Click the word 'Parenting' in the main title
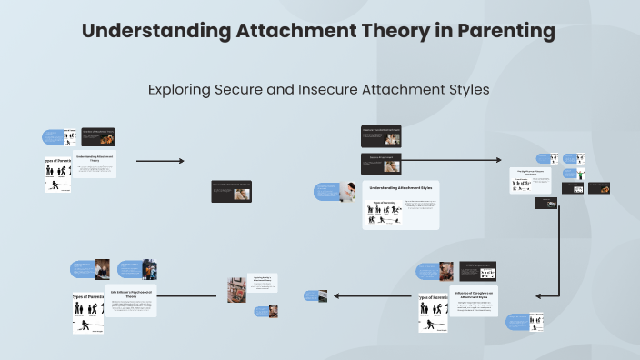505,31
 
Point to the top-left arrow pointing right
160,161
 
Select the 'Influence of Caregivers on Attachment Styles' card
473,301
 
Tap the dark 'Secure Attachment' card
381,162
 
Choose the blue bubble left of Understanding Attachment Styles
327,191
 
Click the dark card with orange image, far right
598,188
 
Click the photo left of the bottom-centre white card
235,289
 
